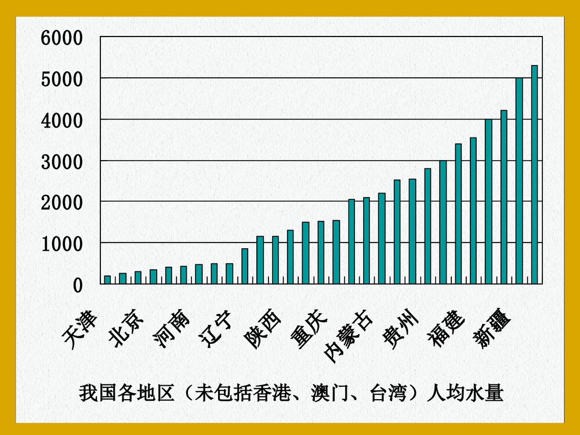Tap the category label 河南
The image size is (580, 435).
tap(172, 329)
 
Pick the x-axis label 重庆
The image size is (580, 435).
tap(309, 329)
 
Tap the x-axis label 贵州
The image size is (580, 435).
tap(400, 329)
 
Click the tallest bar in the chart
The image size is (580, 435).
tap(534, 174)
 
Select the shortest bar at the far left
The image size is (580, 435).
tap(107, 280)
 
